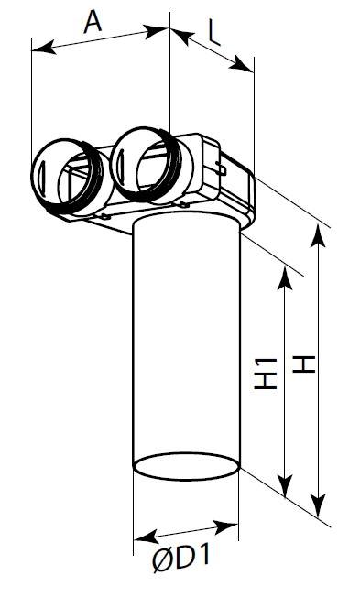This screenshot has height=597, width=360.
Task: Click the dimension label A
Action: (93, 22)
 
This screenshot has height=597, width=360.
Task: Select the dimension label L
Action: (214, 35)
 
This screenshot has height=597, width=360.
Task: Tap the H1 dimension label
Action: (266, 374)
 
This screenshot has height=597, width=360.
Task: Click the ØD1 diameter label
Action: (181, 557)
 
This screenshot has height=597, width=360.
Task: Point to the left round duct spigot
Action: (67, 177)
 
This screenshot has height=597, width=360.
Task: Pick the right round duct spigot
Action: (147, 165)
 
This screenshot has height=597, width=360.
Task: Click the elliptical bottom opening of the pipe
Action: (186, 466)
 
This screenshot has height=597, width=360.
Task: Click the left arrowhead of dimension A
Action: (43, 48)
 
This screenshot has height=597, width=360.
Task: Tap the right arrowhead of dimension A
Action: (157, 31)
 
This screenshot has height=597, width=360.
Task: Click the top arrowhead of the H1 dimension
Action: (285, 277)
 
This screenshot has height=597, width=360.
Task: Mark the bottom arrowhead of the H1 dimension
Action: (285, 485)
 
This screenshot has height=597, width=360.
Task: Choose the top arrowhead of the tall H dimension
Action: (318, 235)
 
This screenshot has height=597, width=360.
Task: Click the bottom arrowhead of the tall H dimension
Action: (319, 505)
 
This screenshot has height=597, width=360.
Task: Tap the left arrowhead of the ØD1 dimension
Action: (146, 537)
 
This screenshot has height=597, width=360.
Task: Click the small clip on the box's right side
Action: (221, 168)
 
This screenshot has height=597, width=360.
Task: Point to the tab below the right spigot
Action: (183, 204)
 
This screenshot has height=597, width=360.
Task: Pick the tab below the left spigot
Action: (104, 217)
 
